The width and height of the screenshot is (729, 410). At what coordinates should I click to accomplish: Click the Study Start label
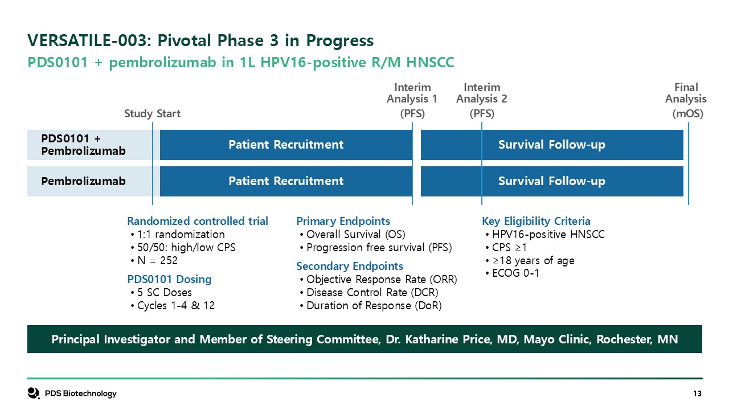152,113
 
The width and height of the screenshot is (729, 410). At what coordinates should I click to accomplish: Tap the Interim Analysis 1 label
412,100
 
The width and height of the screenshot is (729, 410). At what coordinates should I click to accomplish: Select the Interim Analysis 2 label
482,100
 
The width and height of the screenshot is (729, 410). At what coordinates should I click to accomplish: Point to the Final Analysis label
686,100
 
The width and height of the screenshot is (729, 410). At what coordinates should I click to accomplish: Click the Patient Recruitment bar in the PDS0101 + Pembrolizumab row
286,145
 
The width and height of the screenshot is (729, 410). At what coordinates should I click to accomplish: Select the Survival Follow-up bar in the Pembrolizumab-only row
552,181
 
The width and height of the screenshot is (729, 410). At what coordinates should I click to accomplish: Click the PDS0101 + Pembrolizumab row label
83,145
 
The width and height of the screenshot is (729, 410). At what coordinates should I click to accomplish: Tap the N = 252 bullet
154,260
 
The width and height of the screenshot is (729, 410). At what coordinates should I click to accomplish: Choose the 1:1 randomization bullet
178,234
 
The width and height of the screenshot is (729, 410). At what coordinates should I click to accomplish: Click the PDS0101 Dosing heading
169,279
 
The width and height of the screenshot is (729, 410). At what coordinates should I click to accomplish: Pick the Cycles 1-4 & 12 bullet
173,306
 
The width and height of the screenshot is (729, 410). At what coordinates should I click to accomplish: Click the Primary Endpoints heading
343,222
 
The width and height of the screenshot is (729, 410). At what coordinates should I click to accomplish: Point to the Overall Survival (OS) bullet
353,234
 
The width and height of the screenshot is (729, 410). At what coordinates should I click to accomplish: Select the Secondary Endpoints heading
350,266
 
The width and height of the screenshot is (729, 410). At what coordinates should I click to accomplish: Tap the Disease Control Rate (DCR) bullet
369,293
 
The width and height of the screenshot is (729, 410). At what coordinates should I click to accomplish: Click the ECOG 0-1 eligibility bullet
512,273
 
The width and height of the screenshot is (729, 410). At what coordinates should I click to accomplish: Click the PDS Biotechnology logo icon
34,393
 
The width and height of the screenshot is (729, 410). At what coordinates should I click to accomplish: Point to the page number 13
698,393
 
